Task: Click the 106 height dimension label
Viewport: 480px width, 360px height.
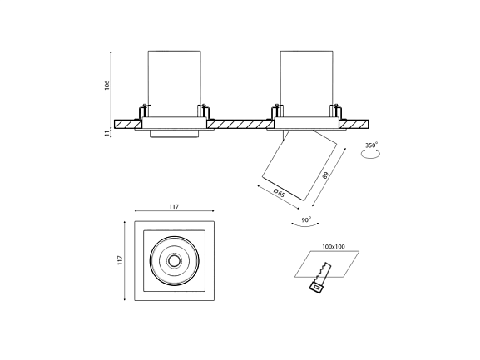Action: [106, 85]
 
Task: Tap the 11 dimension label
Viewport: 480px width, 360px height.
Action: [106, 133]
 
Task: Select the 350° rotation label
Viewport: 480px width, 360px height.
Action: [371, 145]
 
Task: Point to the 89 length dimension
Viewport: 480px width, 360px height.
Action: [325, 175]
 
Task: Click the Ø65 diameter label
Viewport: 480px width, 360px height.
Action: [280, 193]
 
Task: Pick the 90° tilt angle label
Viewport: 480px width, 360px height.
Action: [306, 219]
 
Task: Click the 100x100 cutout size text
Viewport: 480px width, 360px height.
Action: [334, 247]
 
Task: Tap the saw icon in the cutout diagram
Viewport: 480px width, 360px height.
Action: [320, 277]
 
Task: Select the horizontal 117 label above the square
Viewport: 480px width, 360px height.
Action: [174, 207]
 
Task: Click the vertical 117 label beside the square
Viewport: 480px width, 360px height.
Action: [120, 260]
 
